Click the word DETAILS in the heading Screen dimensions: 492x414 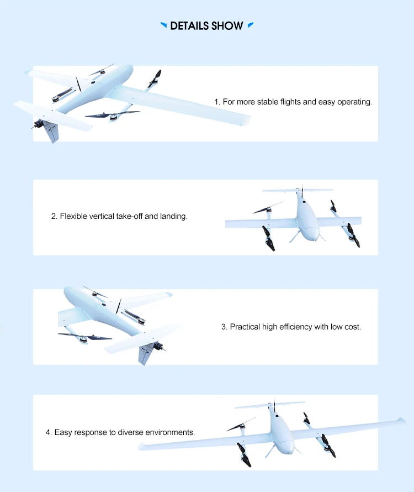[x=189, y=26]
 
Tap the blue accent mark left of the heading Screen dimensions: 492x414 [x=163, y=25]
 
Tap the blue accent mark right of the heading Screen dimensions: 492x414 [x=251, y=25]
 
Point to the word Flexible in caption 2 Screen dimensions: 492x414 [x=75, y=217]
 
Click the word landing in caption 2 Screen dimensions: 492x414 [x=173, y=217]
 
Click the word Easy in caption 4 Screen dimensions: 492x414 [x=63, y=432]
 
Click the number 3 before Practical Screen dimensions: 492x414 [x=224, y=327]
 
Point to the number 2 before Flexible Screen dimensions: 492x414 [x=54, y=217]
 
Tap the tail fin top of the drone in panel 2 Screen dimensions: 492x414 [x=302, y=187]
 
